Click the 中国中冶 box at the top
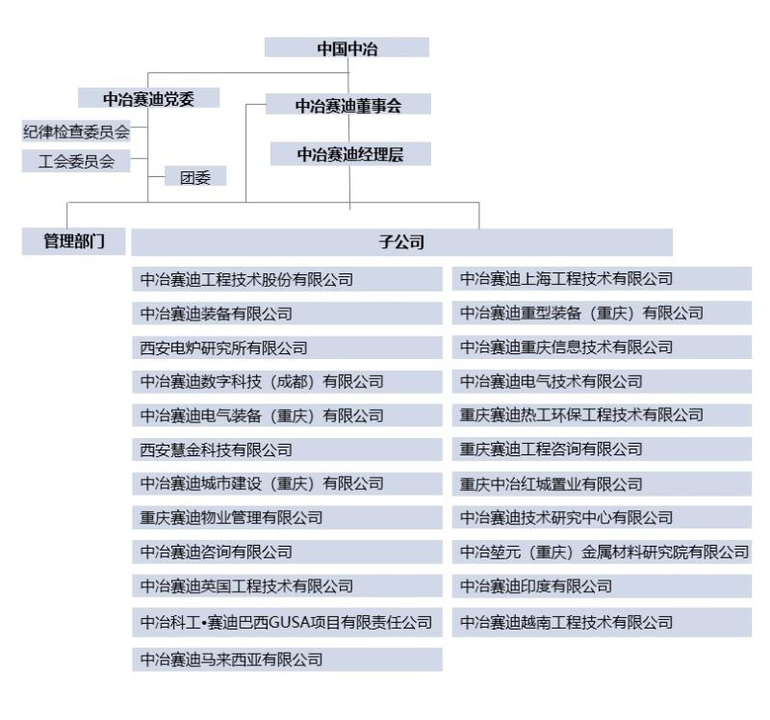coord(346,47)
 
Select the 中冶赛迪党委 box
coord(149,98)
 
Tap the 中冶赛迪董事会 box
coord(348,104)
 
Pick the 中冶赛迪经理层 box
coord(350,154)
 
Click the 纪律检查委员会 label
coord(76,131)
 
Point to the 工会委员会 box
coord(76,161)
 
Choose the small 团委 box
coord(195,176)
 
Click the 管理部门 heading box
coord(74,242)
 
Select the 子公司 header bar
coord(401,243)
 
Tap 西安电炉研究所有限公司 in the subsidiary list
coord(287,347)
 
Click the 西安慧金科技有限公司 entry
coord(287,450)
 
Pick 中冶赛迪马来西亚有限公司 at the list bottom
coord(287,659)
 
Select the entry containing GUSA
coord(287,622)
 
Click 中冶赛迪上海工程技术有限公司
coord(603,278)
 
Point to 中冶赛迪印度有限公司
coord(603,586)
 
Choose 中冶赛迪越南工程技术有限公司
coord(603,622)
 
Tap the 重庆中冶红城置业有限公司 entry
coord(603,484)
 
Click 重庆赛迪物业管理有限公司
coord(287,517)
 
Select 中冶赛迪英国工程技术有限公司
coord(287,585)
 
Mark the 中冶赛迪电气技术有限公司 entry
coord(603,381)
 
